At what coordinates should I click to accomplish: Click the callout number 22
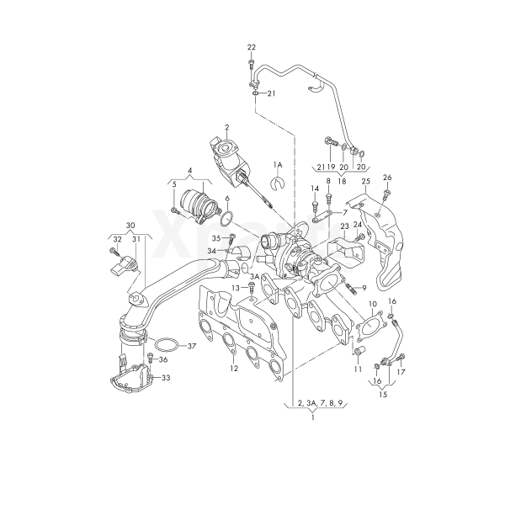[251, 46]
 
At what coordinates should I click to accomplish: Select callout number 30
[130, 226]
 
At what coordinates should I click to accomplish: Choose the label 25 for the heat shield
[366, 182]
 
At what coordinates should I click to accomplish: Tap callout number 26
[387, 178]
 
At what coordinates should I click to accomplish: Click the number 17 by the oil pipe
[401, 371]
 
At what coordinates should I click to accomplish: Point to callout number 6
[226, 199]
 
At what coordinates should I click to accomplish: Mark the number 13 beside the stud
[237, 288]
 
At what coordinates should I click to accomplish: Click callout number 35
[215, 238]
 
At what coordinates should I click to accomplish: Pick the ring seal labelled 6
[226, 220]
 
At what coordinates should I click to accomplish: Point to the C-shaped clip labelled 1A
[279, 182]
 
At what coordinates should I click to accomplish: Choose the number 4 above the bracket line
[190, 171]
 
